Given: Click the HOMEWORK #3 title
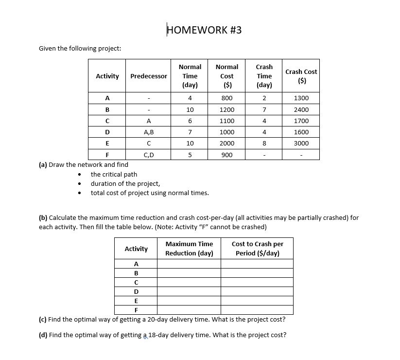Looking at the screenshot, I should pyautogui.click(x=204, y=30).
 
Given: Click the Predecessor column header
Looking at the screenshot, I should pyautogui.click(x=148, y=76).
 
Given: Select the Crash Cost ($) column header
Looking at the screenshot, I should pyautogui.click(x=301, y=76).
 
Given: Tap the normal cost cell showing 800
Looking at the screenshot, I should pyautogui.click(x=227, y=98).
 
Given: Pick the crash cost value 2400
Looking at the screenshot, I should pyautogui.click(x=301, y=110).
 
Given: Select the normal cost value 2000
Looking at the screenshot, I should pyautogui.click(x=227, y=144).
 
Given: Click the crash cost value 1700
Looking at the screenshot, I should pyautogui.click(x=301, y=121).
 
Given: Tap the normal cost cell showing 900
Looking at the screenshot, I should pyautogui.click(x=227, y=155).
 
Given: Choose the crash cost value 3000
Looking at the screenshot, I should pyautogui.click(x=301, y=144).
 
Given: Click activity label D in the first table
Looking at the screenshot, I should pyautogui.click(x=107, y=132).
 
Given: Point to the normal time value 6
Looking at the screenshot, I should pyautogui.click(x=190, y=121).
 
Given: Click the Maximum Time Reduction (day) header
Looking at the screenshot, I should pyautogui.click(x=189, y=249).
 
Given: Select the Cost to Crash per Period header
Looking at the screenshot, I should pyautogui.click(x=257, y=249).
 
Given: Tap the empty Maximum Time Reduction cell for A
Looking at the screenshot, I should pyautogui.click(x=189, y=264).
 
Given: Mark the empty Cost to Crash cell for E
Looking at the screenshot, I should pyautogui.click(x=257, y=301).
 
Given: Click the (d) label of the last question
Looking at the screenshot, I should pyautogui.click(x=43, y=335).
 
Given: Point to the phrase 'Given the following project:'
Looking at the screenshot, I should pyautogui.click(x=80, y=49).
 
